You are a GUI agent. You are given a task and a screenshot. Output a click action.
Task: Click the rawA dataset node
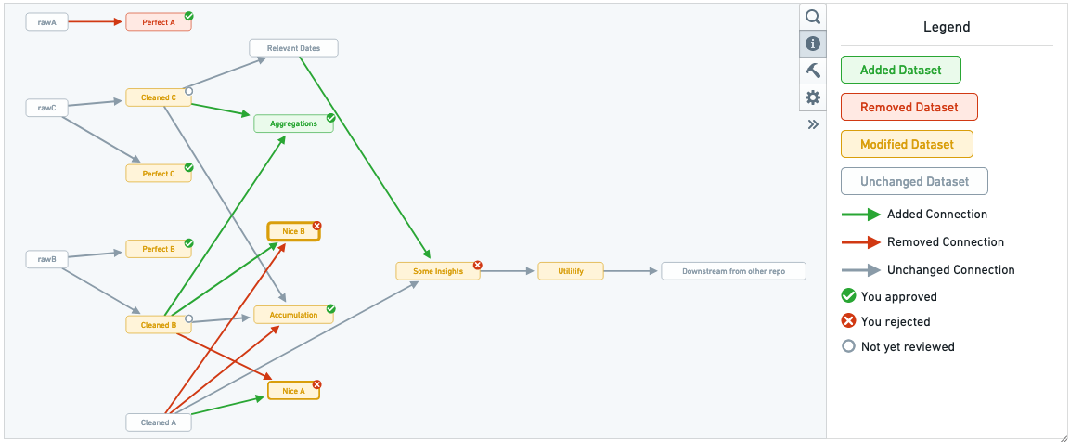[47, 22]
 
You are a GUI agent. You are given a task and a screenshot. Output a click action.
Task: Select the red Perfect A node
[159, 22]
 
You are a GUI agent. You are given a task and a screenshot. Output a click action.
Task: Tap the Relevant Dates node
[293, 48]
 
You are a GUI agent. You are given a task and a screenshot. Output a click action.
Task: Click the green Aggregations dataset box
[293, 123]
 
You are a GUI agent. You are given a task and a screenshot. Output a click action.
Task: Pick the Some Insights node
[438, 271]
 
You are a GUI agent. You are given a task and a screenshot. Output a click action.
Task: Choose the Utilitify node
[571, 271]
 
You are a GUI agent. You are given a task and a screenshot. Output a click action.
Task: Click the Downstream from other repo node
[733, 271]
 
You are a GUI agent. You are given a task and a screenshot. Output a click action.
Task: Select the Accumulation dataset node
[293, 315]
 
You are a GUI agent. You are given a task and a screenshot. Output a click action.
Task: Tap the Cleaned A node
[159, 422]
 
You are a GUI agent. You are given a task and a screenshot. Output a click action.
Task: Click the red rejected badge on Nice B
[316, 227]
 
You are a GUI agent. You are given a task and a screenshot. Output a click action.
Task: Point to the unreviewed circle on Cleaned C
[189, 91]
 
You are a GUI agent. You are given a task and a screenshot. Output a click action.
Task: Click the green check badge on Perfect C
[189, 167]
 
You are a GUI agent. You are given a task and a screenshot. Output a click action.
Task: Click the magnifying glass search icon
[813, 17]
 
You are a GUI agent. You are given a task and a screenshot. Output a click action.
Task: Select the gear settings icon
[813, 97]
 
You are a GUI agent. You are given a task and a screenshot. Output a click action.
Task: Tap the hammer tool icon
[813, 71]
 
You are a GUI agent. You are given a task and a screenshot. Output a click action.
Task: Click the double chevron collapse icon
[813, 124]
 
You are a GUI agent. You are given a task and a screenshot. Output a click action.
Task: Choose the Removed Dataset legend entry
[909, 107]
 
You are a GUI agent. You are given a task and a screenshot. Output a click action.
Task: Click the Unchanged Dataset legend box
[914, 182]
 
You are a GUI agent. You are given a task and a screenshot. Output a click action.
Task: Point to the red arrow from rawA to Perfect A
[97, 22]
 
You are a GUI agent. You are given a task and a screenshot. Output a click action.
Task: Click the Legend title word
[947, 27]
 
